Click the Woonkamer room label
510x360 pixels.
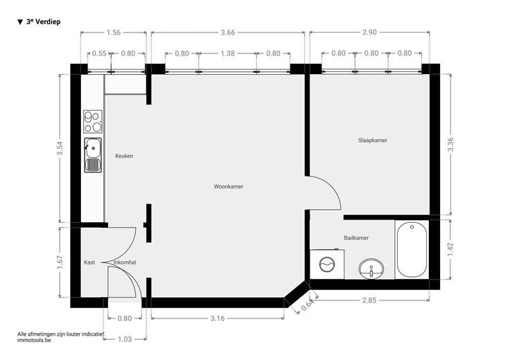click(x=229, y=186)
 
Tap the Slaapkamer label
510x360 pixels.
click(x=373, y=141)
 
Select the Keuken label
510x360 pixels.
click(x=124, y=156)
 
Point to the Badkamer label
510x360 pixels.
click(x=356, y=238)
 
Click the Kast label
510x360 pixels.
click(x=89, y=262)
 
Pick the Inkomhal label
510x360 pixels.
click(x=125, y=262)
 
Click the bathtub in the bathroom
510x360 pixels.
click(x=412, y=249)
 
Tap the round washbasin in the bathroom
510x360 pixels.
click(x=371, y=269)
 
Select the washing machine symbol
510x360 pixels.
click(x=327, y=264)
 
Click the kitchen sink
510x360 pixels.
click(x=93, y=155)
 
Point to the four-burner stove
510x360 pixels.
click(x=93, y=122)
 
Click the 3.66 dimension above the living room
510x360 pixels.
click(x=228, y=33)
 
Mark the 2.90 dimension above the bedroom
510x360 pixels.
click(x=369, y=32)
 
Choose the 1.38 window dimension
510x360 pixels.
click(x=228, y=53)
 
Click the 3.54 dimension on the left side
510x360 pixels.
click(x=60, y=148)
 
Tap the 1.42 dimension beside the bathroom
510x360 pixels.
click(x=450, y=249)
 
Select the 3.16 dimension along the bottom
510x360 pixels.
click(x=218, y=318)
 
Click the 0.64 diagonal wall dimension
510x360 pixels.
click(x=307, y=306)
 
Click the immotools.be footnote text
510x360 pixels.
click(x=34, y=340)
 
